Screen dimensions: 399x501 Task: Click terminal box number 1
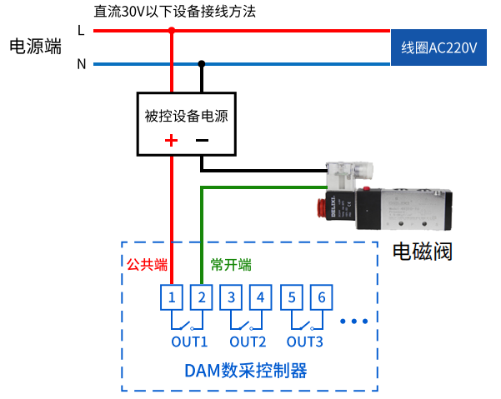tap(171, 297)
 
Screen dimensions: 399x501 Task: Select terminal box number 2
tap(202, 297)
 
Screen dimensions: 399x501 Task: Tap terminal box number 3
tap(232, 297)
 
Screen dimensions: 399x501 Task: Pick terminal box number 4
tap(262, 297)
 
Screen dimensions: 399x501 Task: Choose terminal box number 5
tap(292, 297)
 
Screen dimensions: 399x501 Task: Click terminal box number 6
tap(322, 297)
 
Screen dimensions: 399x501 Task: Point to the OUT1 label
tap(189, 342)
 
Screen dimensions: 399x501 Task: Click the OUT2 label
tap(248, 342)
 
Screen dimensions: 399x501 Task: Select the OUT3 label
tap(305, 342)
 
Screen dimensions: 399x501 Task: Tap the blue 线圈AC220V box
tap(439, 47)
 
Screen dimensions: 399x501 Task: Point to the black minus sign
tap(202, 140)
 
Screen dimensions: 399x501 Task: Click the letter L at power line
tap(81, 31)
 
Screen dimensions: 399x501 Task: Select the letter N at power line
tap(81, 64)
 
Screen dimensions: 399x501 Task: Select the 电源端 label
tap(35, 47)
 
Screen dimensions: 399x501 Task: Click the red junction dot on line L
tap(172, 31)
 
